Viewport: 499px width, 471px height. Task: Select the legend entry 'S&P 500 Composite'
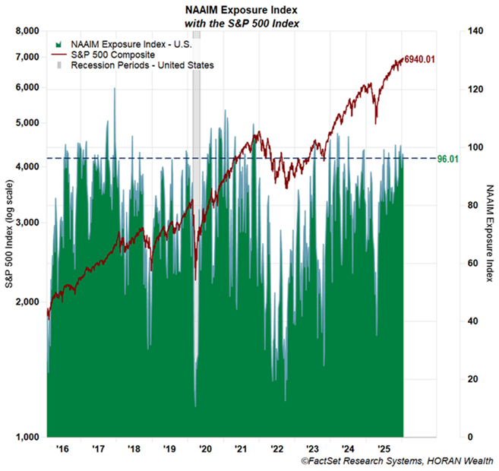coord(113,55)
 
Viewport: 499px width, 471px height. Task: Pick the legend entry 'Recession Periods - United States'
coord(142,65)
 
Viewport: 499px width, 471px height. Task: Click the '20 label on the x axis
coord(204,449)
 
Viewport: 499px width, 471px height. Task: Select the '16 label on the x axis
coord(62,449)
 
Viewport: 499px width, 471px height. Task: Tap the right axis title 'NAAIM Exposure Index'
coord(489,232)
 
